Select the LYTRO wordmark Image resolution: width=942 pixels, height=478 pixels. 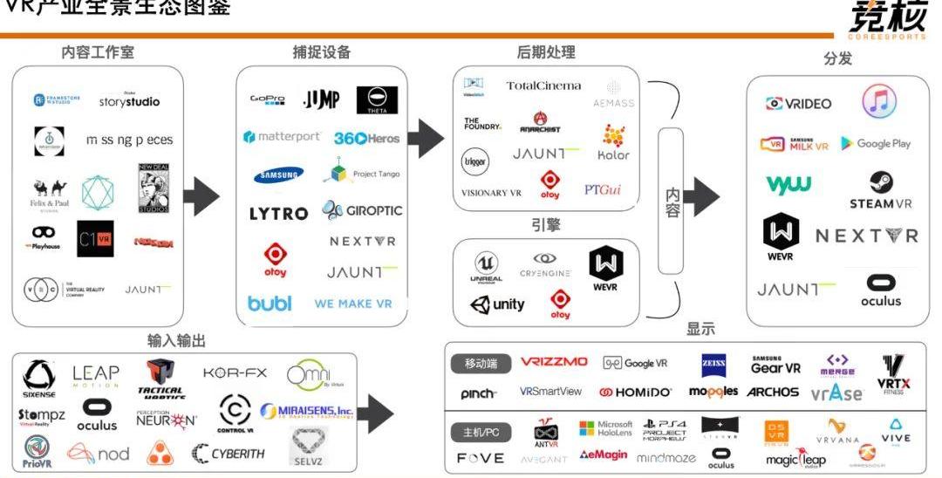278,214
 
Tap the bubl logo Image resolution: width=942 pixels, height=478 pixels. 270,304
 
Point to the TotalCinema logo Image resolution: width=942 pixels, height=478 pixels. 543,85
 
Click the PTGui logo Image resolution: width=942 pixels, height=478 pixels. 603,189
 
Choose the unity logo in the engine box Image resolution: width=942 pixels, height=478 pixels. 497,304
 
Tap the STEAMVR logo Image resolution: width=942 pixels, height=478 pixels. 880,190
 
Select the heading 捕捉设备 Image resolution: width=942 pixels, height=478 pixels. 321,52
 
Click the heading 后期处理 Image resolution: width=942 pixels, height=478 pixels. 545,52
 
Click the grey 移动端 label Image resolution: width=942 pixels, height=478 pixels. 481,363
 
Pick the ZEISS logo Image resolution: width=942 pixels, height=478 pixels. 714,365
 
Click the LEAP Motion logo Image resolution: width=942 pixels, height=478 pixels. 95,376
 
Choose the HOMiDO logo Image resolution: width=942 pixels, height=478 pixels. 636,393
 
